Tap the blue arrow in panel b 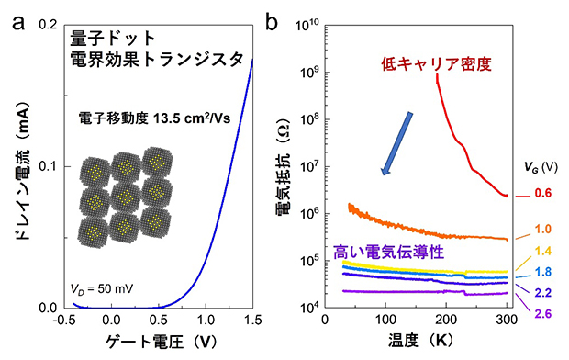coord(396,142)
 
